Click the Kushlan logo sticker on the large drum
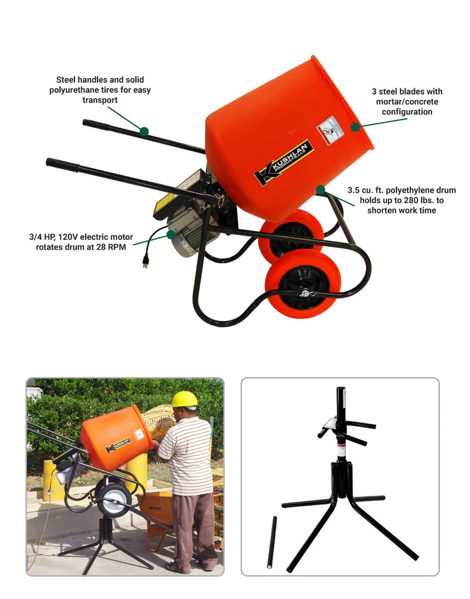click(x=283, y=162)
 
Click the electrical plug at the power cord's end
click(x=145, y=261)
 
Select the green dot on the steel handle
click(x=144, y=132)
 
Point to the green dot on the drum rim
click(x=355, y=127)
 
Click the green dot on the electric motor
click(x=171, y=234)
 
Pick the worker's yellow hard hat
click(x=184, y=399)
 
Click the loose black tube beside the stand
click(x=272, y=542)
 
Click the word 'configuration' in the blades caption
click(x=407, y=112)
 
